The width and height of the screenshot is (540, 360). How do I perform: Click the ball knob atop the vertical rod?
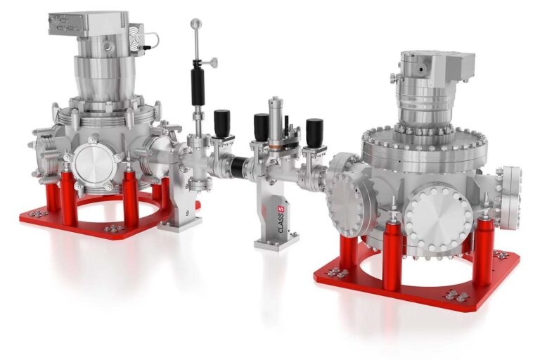coord(196,24)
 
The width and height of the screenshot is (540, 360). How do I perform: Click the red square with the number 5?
coord(281,209)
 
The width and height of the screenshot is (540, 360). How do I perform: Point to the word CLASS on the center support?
coord(281,223)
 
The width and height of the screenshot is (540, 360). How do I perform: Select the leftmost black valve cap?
coord(221,123)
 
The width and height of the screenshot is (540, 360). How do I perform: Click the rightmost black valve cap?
coord(314,132)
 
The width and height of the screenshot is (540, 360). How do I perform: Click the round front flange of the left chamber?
coord(96,164)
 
